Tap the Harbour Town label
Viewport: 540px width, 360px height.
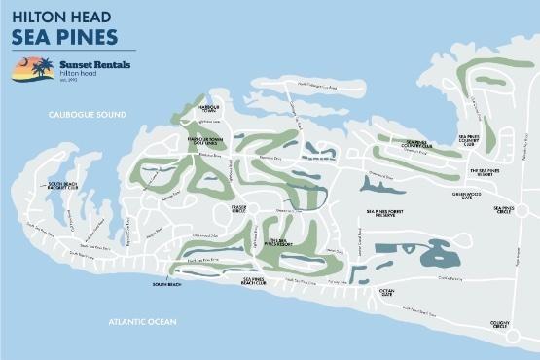click(207, 107)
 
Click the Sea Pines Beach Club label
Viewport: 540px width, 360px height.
click(258, 281)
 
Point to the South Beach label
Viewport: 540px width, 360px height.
click(166, 285)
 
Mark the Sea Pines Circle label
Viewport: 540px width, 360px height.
click(503, 208)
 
